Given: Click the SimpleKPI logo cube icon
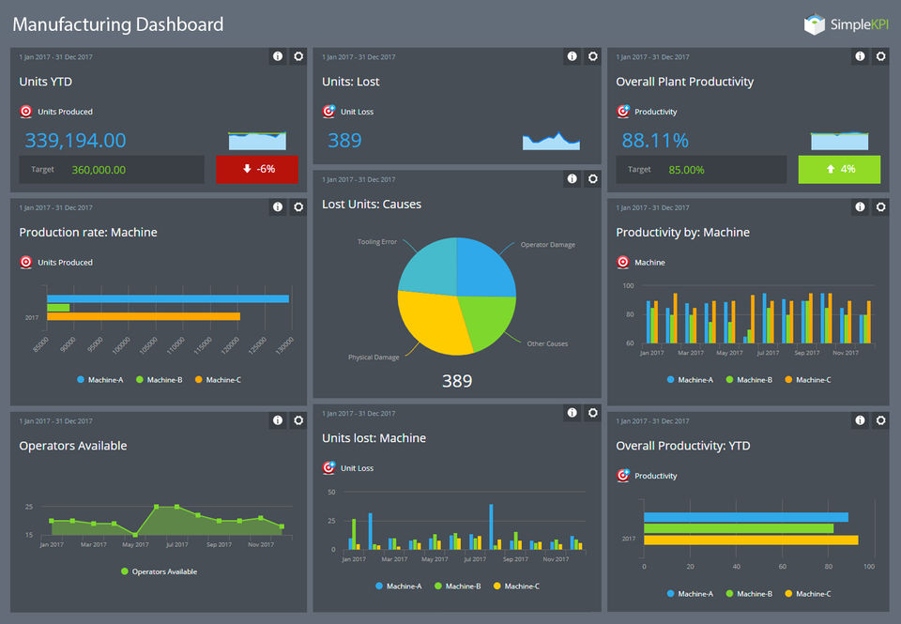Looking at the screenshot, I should [x=814, y=25].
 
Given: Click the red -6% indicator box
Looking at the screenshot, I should [x=256, y=169].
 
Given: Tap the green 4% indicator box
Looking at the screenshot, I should [x=839, y=169].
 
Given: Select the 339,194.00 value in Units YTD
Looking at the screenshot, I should [x=75, y=141].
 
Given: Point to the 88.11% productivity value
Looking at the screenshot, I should [x=655, y=141].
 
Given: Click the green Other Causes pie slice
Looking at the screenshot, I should [x=484, y=319].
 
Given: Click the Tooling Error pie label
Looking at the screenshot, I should [x=377, y=242].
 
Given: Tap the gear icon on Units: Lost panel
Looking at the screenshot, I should [x=593, y=56].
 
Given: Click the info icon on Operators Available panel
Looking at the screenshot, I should [x=278, y=420].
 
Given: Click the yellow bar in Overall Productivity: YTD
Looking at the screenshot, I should [x=751, y=540].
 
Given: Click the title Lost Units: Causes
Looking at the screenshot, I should [x=372, y=204].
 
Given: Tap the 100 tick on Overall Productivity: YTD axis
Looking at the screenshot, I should [x=868, y=567].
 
